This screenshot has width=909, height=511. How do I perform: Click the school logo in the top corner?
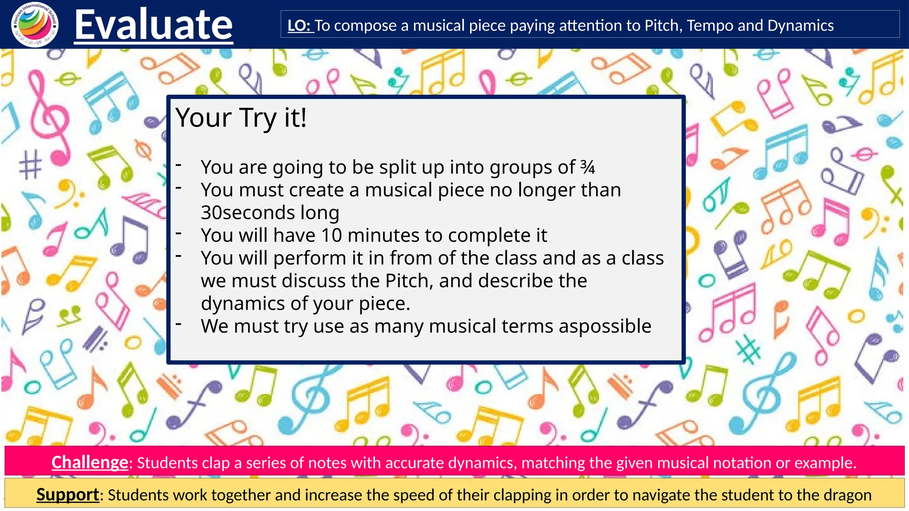point(35,24)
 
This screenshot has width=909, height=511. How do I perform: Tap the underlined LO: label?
point(300,26)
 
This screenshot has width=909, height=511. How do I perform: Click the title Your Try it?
point(241,118)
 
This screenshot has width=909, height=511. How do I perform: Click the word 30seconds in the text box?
point(247,212)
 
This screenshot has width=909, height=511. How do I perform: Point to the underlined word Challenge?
point(90,462)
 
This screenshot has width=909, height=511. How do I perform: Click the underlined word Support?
point(67,494)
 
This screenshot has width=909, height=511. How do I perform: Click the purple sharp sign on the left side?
point(30,165)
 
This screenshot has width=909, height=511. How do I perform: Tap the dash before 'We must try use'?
point(178,324)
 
